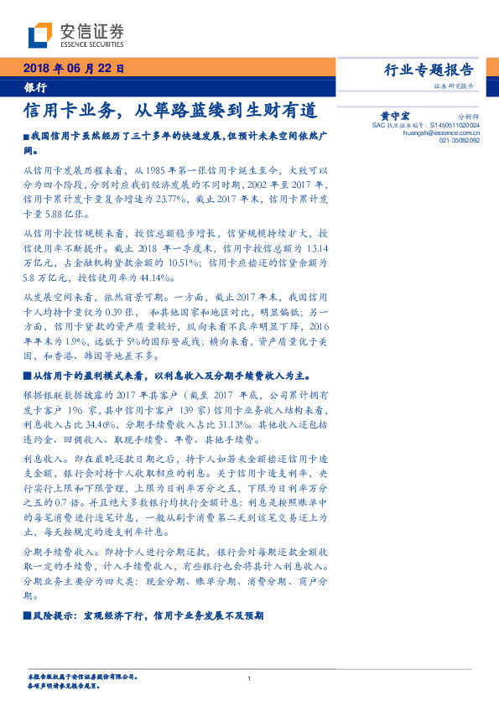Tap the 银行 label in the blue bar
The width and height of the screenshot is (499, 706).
(35, 86)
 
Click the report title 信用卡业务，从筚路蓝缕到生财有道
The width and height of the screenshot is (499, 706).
(170, 110)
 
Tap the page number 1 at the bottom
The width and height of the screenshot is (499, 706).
(249, 677)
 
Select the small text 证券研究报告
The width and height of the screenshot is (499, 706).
(454, 86)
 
